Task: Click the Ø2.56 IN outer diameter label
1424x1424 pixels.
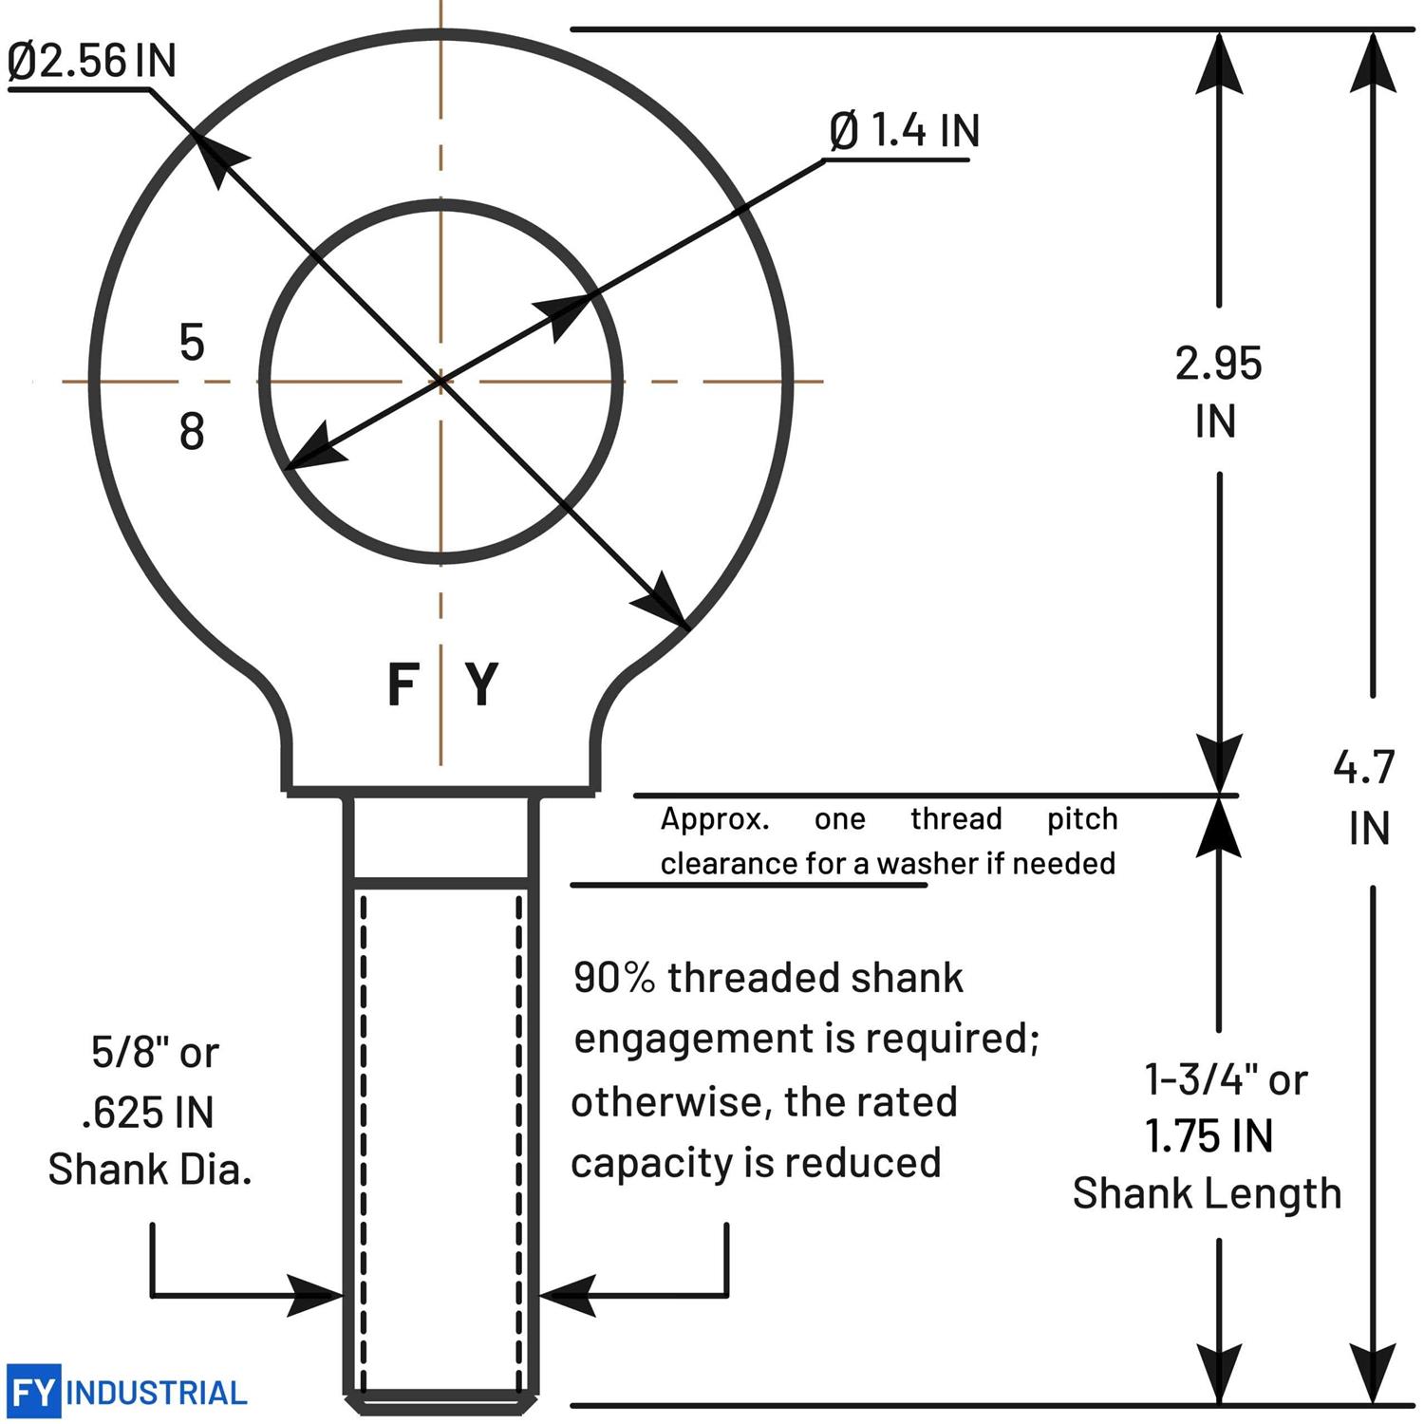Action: (91, 61)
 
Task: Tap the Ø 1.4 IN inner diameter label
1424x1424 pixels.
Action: (904, 130)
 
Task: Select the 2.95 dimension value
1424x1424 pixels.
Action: (1218, 364)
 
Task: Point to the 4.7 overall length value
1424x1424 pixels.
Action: (1364, 767)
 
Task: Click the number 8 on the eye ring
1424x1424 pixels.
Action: (192, 431)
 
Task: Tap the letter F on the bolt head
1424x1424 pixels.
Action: (403, 684)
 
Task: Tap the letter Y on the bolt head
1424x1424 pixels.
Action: (482, 684)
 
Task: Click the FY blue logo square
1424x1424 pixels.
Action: (33, 1392)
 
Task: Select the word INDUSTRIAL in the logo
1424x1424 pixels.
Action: (157, 1394)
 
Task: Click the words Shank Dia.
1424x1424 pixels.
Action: (150, 1170)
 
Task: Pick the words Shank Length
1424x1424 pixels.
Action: (1207, 1193)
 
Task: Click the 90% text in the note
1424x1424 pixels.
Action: (614, 978)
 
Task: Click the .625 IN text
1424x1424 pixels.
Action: (148, 1112)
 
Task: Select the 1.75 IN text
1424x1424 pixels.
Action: (1209, 1136)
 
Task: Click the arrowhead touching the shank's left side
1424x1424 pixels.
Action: (318, 1295)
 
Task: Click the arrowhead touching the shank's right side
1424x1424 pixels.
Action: (565, 1295)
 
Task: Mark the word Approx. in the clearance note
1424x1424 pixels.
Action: (715, 819)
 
